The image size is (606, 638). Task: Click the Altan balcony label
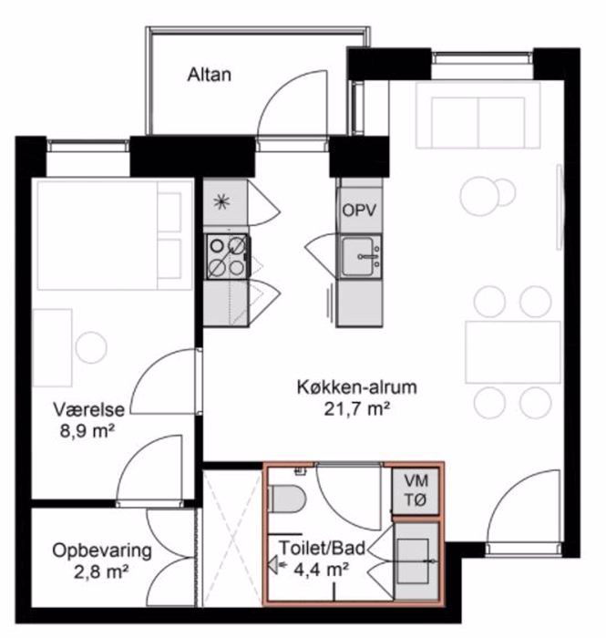pos(209,75)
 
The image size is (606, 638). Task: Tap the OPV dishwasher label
pos(359,211)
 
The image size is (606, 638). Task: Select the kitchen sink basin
pos(358,256)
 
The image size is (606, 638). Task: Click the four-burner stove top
pos(227,256)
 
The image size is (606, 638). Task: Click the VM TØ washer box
pos(416,490)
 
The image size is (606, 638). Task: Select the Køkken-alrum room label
pos(357,387)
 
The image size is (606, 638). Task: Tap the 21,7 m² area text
pos(356,409)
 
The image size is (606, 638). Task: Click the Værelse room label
pos(88,410)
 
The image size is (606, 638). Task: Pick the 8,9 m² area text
pos(87,431)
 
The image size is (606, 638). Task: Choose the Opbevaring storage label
pos(102,551)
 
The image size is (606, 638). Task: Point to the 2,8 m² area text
pos(102,572)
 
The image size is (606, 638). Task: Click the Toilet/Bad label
pos(322,548)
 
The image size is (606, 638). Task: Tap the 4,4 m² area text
pos(321,570)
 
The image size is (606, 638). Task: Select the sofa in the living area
pos(478,115)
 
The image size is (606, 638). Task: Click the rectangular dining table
pos(513,353)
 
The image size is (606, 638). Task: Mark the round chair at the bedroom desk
pos(91,347)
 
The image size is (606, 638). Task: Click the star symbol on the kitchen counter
pos(222,201)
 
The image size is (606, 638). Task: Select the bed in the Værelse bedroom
pos(114,235)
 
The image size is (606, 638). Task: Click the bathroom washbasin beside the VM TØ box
pos(416,561)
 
